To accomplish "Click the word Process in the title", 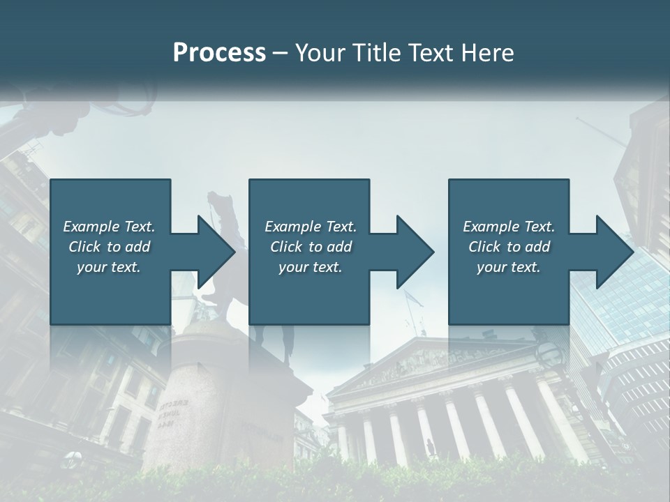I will coord(219,53).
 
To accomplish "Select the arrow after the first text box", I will coord(204,252).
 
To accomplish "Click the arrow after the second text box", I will coord(403,252).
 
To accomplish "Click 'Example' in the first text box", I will coord(91,227).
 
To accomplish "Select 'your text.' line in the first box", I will coord(109,267).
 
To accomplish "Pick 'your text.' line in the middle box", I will coord(311,267).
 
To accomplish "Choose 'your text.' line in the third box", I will coord(509,267).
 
